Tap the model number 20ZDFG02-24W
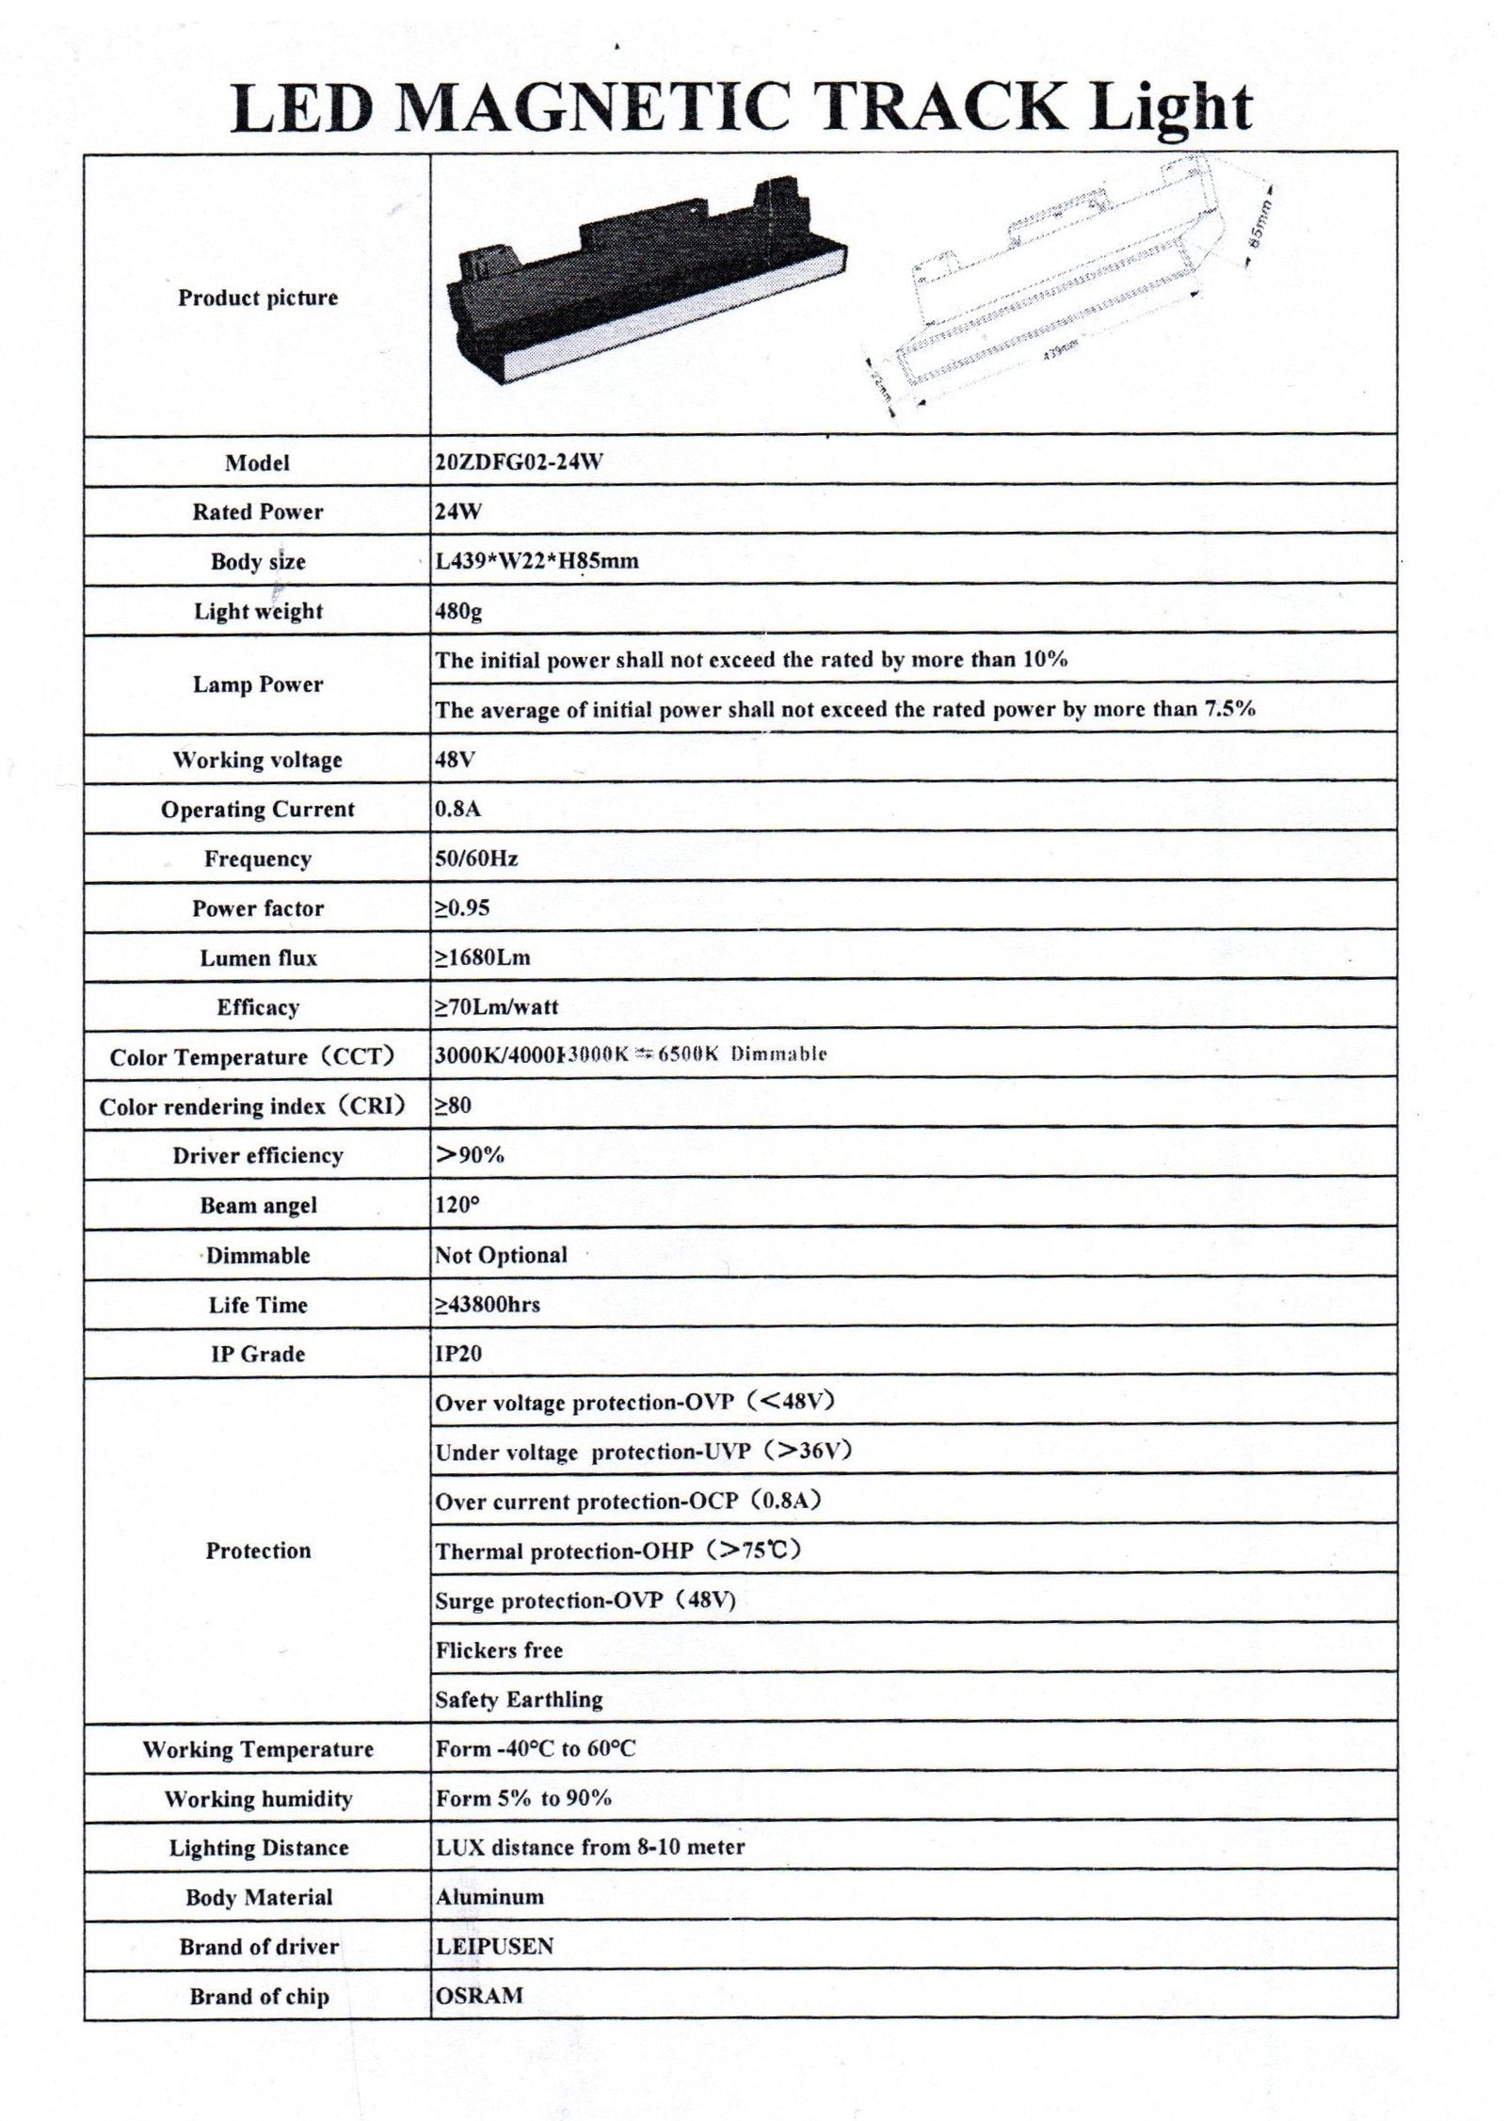coord(519,462)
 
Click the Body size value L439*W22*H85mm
coord(537,562)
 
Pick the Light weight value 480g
coord(458,612)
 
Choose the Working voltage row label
coord(257,760)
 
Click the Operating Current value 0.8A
coord(457,810)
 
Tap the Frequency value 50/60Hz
coord(476,859)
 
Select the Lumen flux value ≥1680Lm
coord(482,958)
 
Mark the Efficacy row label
coord(257,1007)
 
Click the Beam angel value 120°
coord(457,1206)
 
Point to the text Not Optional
coord(501,1256)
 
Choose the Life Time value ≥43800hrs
coord(487,1306)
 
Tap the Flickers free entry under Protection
coord(499,1650)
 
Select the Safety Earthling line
coord(519,1699)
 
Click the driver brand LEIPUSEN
coord(494,1947)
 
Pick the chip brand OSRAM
coord(479,1996)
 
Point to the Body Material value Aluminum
coord(489,1897)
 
